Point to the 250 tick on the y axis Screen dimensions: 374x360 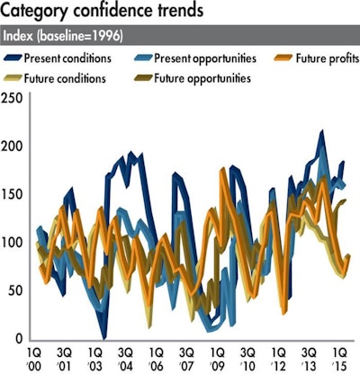(x=14, y=98)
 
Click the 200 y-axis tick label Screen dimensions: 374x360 (x=14, y=147)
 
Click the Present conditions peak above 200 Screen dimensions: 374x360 (x=322, y=133)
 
